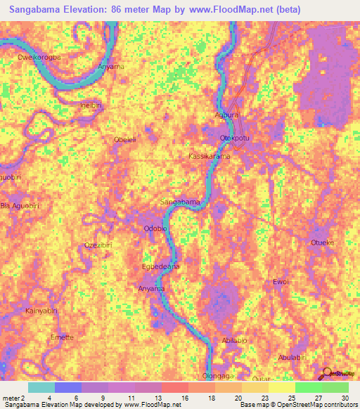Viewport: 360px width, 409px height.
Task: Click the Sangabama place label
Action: pyautogui.click(x=181, y=202)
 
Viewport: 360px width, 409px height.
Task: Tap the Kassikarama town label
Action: pyautogui.click(x=210, y=156)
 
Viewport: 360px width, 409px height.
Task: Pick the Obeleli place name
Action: pyautogui.click(x=126, y=140)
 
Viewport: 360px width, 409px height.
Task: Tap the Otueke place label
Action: pyautogui.click(x=321, y=242)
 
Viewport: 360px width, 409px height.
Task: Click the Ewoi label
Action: pyautogui.click(x=281, y=282)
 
